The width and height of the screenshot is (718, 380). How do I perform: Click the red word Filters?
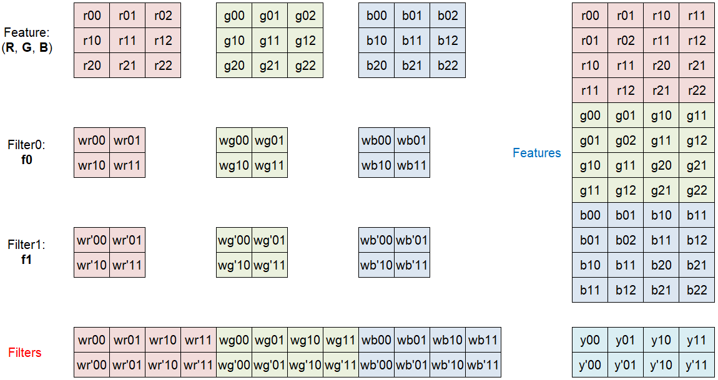[x=24, y=353]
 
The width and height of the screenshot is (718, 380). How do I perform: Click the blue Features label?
[x=536, y=153]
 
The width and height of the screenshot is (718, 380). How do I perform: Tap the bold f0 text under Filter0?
[x=26, y=159]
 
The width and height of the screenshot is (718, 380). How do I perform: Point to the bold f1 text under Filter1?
[x=26, y=259]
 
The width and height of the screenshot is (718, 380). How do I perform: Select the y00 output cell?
[x=590, y=340]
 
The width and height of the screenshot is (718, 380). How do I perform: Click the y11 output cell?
[x=697, y=340]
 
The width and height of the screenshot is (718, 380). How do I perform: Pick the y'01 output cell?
[x=626, y=365]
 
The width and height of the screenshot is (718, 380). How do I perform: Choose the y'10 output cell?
[x=661, y=365]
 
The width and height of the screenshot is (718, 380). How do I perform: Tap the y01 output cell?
[x=626, y=340]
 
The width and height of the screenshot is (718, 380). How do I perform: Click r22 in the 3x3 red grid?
[x=163, y=66]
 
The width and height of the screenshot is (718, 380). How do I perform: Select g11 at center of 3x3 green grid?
[x=270, y=41]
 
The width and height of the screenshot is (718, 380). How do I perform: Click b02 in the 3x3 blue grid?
[x=448, y=16]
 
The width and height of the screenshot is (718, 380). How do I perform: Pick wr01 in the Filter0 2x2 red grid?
[x=127, y=140]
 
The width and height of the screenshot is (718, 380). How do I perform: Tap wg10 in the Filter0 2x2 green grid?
[x=234, y=165]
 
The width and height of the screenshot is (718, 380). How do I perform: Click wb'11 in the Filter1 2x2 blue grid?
[x=412, y=265]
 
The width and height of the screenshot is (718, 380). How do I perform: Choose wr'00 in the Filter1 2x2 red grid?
[x=92, y=240]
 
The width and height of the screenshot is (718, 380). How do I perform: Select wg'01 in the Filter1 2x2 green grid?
[x=270, y=240]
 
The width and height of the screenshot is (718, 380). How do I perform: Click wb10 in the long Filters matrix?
[x=448, y=340]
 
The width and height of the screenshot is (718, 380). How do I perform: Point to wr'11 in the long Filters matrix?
[x=199, y=365]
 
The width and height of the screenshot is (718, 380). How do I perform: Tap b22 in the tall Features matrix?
[x=697, y=290]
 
